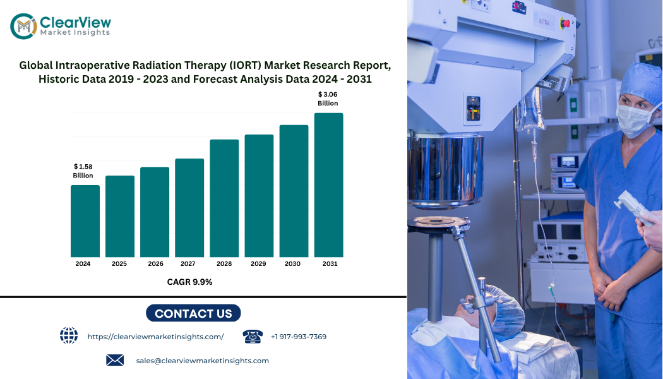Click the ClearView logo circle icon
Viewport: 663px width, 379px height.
click(x=24, y=26)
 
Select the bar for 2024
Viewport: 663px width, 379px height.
click(x=85, y=221)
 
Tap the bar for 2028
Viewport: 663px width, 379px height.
click(x=224, y=198)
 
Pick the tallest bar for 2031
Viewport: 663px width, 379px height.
click(x=328, y=185)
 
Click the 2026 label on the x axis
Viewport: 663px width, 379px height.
click(x=155, y=263)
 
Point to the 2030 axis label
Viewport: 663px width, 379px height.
click(x=292, y=263)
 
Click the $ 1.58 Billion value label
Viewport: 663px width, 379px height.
click(x=83, y=171)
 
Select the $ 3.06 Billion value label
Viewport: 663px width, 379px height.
click(x=328, y=99)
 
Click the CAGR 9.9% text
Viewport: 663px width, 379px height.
click(x=189, y=282)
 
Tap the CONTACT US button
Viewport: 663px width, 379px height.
click(x=193, y=313)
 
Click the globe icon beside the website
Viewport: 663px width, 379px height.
click(x=68, y=335)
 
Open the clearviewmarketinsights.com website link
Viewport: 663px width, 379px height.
click(x=155, y=337)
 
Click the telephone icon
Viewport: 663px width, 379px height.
click(x=253, y=336)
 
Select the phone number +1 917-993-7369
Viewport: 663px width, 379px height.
click(x=299, y=337)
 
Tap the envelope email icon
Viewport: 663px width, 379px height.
click(x=115, y=360)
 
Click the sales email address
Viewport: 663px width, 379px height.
click(x=202, y=361)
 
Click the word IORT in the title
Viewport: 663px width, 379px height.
click(x=247, y=65)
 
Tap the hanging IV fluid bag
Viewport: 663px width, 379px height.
click(x=530, y=109)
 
